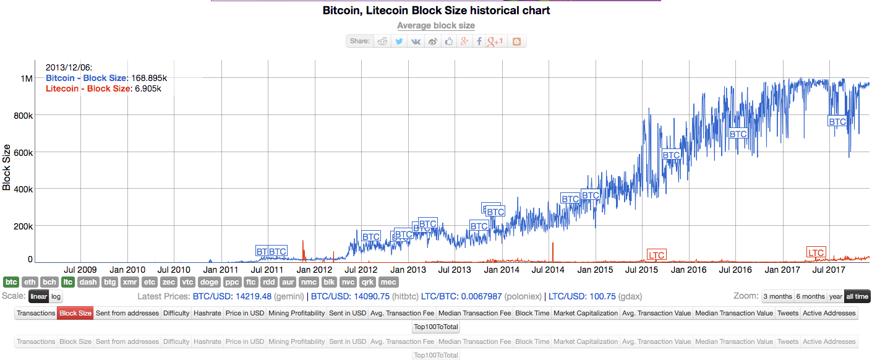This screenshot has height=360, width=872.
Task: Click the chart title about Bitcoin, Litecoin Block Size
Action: [435, 11]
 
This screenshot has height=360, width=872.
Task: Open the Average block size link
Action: [435, 25]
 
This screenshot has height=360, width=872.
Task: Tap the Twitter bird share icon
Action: [400, 41]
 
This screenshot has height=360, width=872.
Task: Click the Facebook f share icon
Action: [479, 41]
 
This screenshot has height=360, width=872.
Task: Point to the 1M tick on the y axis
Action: [27, 79]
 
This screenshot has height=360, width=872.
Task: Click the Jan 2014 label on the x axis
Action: [502, 270]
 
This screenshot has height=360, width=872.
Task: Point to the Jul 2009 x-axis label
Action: [80, 270]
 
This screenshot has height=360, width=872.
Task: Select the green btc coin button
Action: [11, 282]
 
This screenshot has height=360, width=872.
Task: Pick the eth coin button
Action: [30, 282]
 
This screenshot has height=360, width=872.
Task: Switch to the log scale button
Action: [56, 296]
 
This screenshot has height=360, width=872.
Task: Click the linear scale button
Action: [38, 296]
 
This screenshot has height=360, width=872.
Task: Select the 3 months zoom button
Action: [777, 296]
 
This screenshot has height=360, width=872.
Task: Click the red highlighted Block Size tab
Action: [75, 313]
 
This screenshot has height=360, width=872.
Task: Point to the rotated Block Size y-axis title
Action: [7, 167]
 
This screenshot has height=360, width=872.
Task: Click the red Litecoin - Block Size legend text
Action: [88, 88]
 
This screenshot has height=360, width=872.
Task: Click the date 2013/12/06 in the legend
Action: [69, 67]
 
